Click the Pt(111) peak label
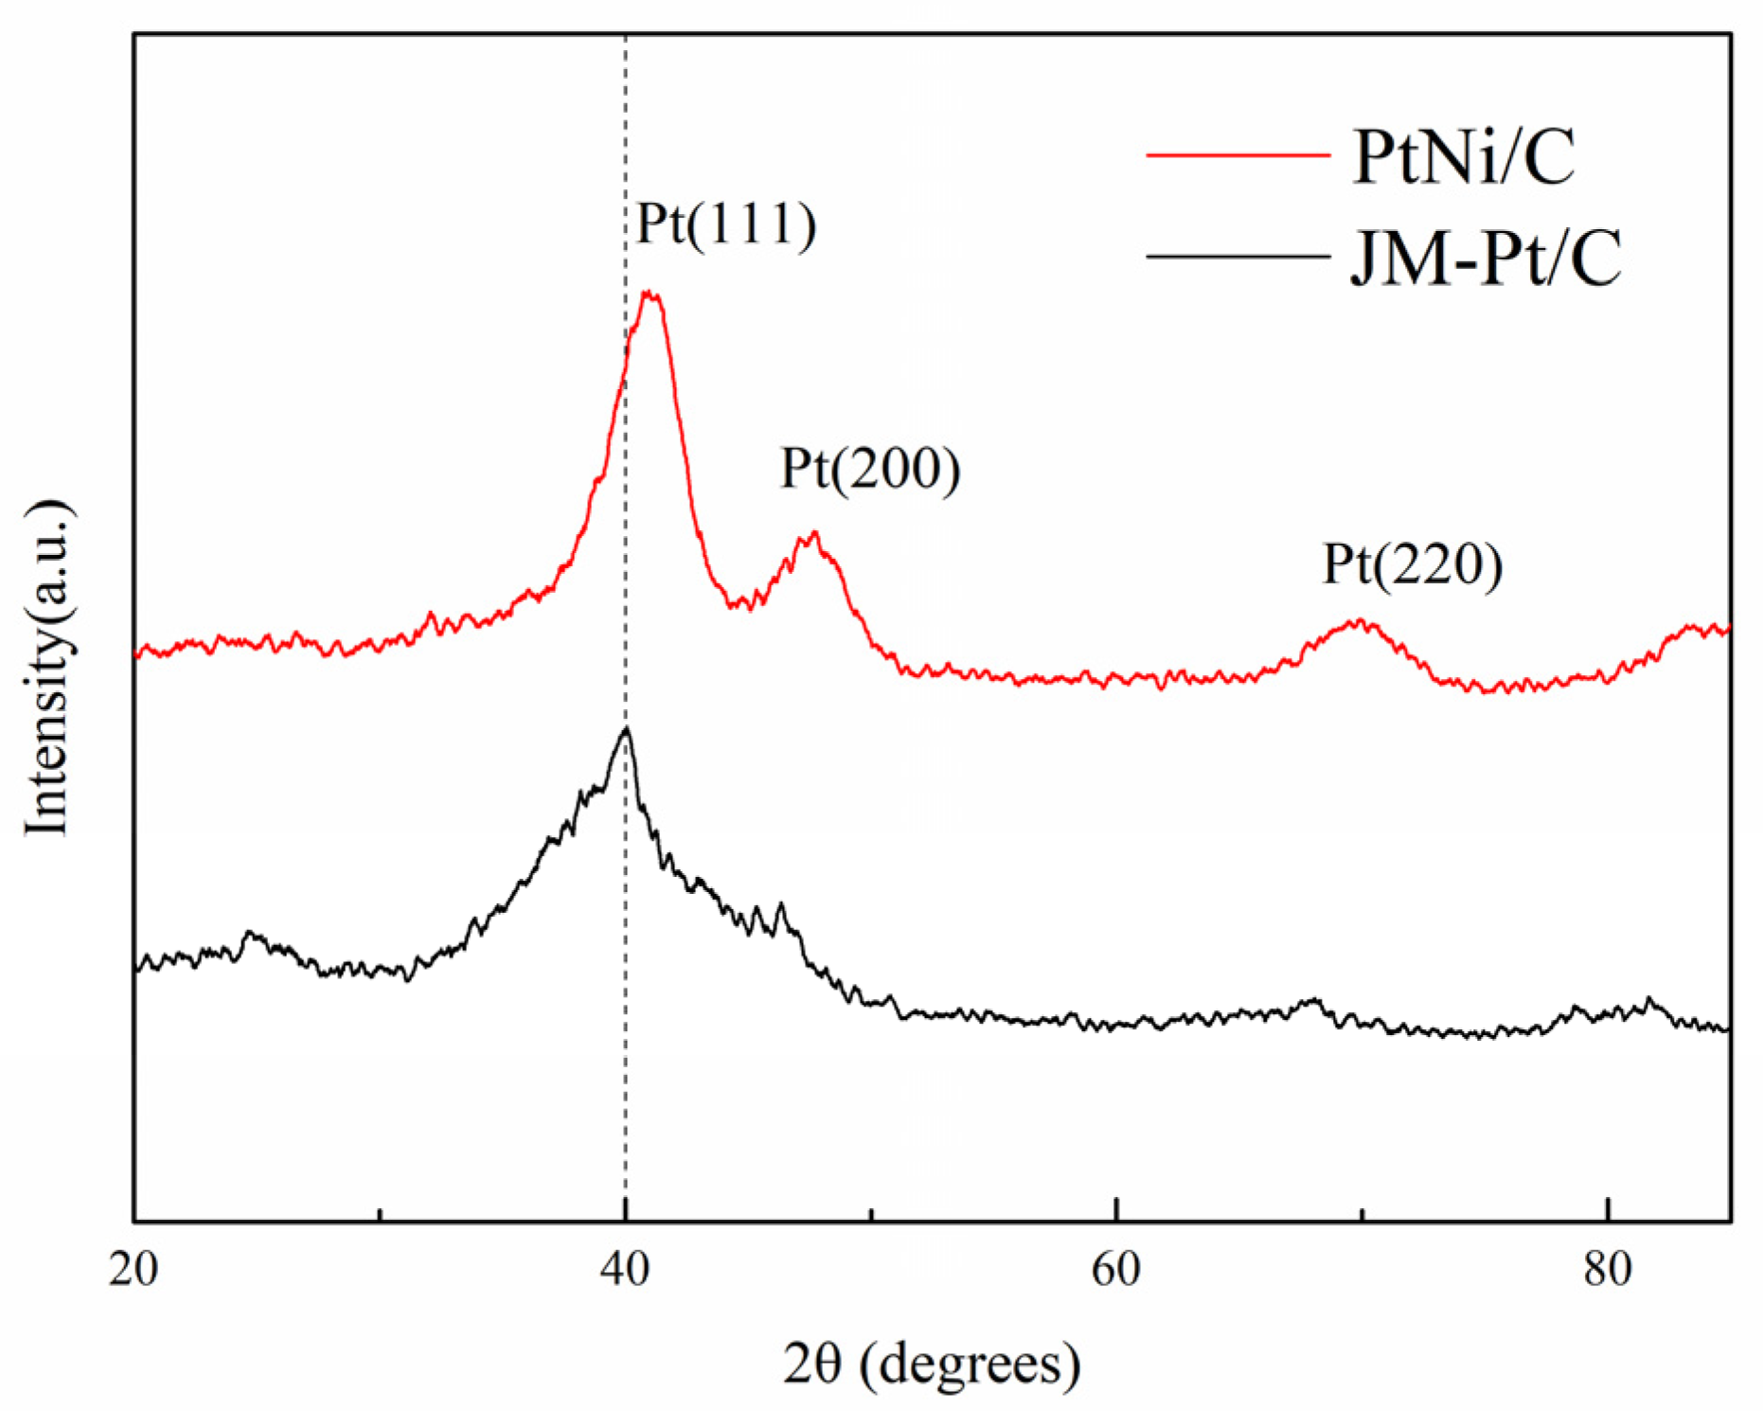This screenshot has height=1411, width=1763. coord(726,224)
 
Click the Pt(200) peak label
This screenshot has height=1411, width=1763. coord(870,468)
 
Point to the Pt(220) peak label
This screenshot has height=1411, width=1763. coord(1412,564)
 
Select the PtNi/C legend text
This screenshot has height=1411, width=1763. coord(1464,156)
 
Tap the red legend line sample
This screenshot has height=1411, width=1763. coord(1238,154)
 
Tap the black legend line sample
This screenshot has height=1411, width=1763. coord(1238,256)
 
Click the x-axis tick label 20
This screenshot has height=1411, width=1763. coord(134,1269)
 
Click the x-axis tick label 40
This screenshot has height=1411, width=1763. coord(625,1269)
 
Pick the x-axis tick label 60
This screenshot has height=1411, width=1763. coord(1116,1269)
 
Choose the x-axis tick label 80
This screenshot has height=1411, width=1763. coord(1608,1269)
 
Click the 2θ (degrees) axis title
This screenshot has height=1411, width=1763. coord(932,1365)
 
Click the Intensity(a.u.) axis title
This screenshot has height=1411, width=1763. coord(47,668)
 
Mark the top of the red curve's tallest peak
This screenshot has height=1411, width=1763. coord(650,294)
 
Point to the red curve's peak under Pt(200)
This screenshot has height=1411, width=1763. coord(811,536)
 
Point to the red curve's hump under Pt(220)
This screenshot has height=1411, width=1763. coord(1360,622)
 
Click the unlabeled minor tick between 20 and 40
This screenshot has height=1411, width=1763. coord(379,1214)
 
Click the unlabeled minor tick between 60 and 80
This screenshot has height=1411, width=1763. coord(1362,1214)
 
